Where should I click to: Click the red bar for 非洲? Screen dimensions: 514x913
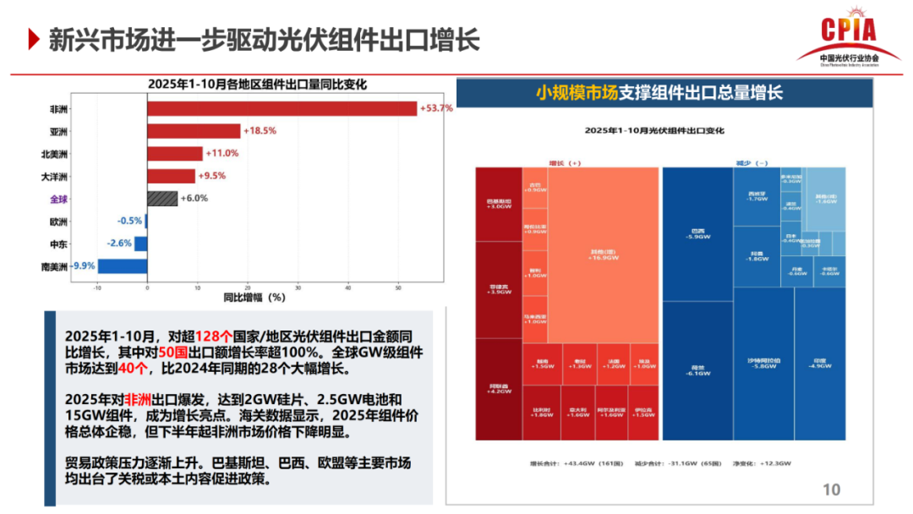(x=282, y=108)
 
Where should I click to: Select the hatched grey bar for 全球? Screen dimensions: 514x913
(x=162, y=199)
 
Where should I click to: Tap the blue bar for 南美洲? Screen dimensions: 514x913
(x=123, y=266)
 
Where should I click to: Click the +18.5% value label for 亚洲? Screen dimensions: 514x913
(x=260, y=131)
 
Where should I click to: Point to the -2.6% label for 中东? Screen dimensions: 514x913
(x=119, y=243)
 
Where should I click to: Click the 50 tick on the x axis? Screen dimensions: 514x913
(x=398, y=287)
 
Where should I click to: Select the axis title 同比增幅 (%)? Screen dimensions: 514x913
(x=254, y=298)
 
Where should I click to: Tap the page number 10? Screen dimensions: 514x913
(x=831, y=489)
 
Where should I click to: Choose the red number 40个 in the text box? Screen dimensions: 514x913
(x=133, y=369)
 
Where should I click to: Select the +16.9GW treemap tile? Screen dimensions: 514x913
(x=603, y=254)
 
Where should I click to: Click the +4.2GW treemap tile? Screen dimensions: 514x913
(x=498, y=389)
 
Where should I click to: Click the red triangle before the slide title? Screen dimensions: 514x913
(x=33, y=38)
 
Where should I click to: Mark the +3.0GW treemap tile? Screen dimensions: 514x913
(x=498, y=204)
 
